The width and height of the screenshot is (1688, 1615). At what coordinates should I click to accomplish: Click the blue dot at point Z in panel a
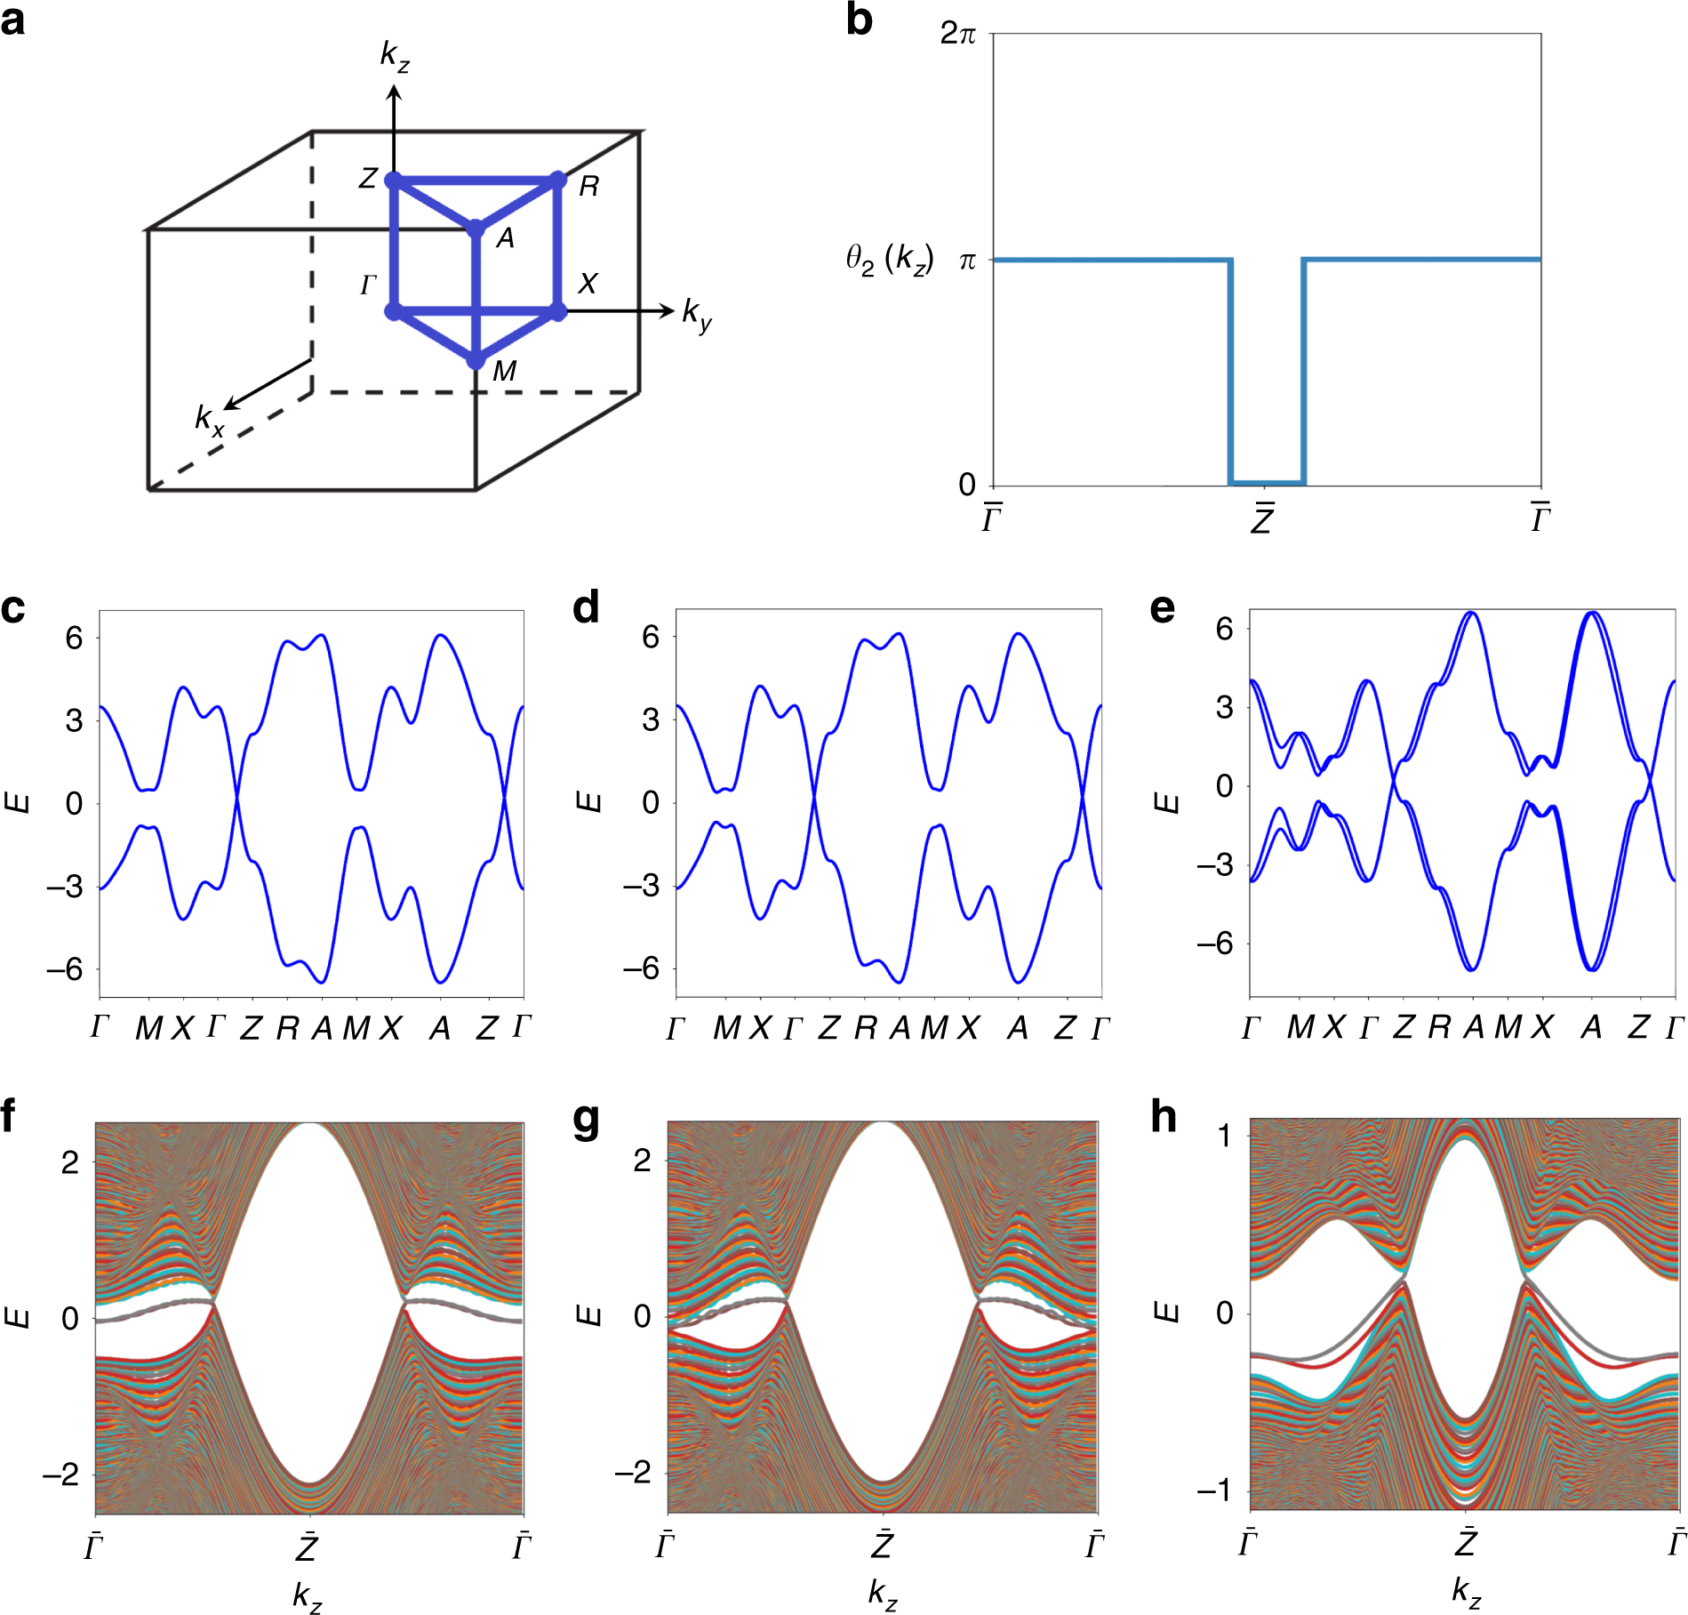click(394, 181)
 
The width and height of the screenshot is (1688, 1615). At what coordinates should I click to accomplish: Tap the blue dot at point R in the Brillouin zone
click(558, 181)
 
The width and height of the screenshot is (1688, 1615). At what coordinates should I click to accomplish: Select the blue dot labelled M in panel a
click(476, 360)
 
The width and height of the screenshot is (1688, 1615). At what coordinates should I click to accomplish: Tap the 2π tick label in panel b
click(957, 34)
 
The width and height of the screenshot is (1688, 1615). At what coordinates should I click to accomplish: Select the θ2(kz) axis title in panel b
click(889, 260)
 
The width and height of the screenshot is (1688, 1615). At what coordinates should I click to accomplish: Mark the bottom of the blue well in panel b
click(1266, 483)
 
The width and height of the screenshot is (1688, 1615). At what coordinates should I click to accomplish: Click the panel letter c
click(13, 608)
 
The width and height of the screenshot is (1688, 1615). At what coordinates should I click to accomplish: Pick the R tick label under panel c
click(287, 1029)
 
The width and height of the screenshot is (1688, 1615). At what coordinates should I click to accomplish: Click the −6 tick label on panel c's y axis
click(64, 969)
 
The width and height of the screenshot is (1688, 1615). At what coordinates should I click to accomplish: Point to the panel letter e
click(1162, 608)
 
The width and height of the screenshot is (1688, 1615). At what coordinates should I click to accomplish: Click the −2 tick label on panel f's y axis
click(61, 1474)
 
